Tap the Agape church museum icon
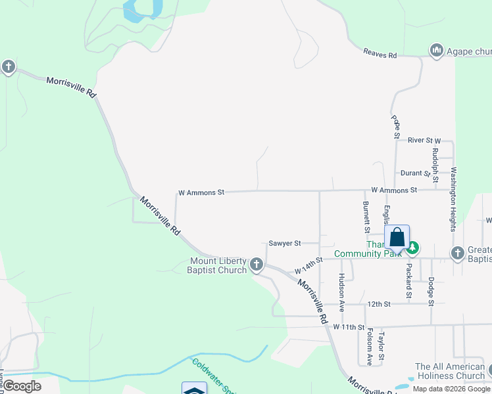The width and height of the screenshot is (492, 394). coord(435,51)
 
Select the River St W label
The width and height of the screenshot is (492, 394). coord(424,141)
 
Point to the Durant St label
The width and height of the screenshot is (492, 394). coord(416,173)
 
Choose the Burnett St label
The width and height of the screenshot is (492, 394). coord(366,217)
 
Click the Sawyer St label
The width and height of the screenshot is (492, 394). coord(285,243)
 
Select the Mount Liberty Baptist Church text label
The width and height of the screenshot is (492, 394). coord(216,265)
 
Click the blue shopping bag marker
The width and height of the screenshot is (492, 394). coord(397,237)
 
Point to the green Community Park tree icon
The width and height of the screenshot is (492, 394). coord(412,248)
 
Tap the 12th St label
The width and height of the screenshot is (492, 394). coord(379,304)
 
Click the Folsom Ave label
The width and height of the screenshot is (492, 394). coord(369,347)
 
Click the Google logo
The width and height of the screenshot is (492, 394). coord(22,386)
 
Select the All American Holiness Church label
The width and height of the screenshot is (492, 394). coord(450,371)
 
